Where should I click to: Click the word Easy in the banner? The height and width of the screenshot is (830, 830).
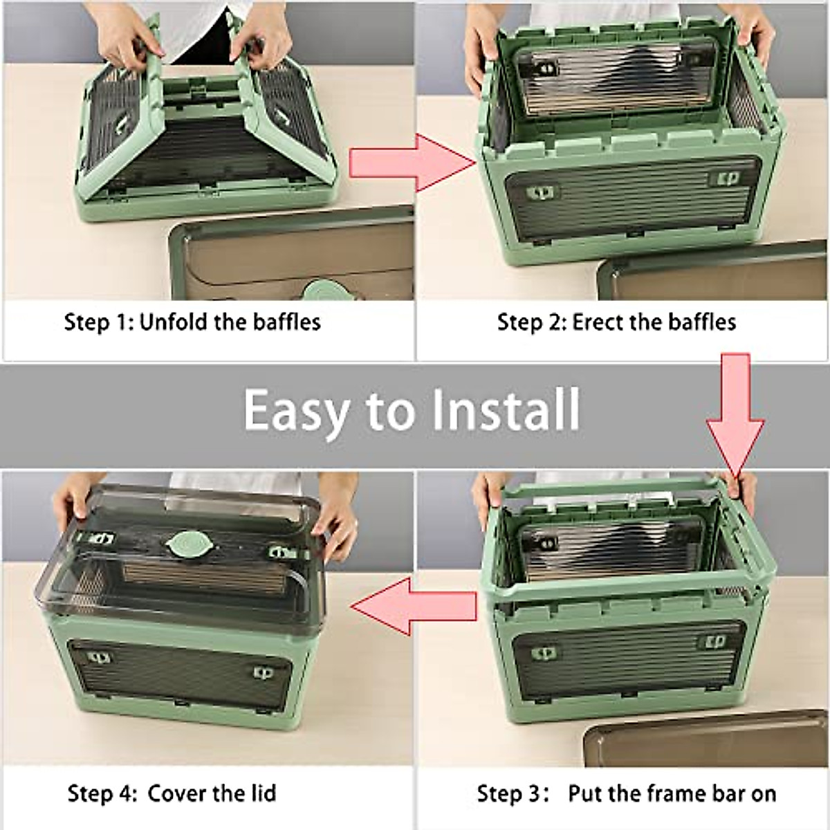(x=295, y=410)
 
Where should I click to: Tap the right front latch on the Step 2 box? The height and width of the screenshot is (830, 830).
(x=725, y=178)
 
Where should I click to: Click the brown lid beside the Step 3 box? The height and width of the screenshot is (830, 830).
(x=705, y=740)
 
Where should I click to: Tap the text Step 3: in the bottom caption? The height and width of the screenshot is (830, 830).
(x=513, y=793)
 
